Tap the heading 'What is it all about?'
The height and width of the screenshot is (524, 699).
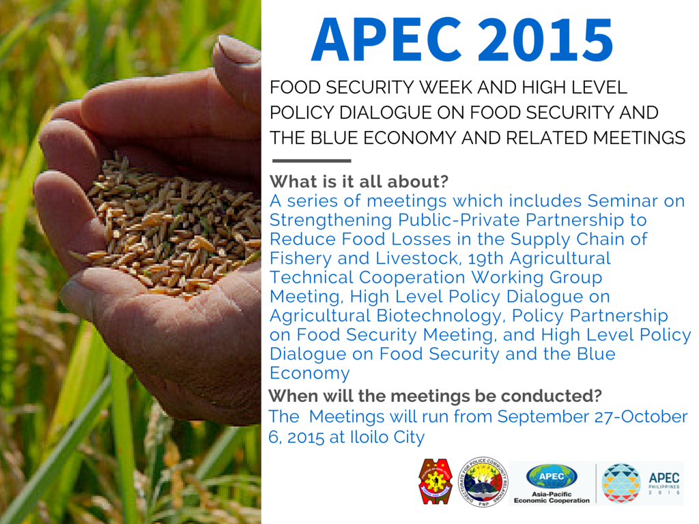coord(358,182)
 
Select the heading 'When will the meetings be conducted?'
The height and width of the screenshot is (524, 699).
coord(435,396)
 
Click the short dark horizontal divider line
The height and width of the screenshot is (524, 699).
coord(311,161)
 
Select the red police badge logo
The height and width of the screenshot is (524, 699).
coord(435,481)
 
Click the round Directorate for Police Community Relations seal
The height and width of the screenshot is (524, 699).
coord(483,481)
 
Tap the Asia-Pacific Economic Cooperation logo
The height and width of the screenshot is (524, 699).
coord(552,482)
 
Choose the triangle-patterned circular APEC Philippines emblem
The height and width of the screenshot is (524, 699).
coord(620,482)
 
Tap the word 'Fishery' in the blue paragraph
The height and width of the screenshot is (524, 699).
coord(301,259)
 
